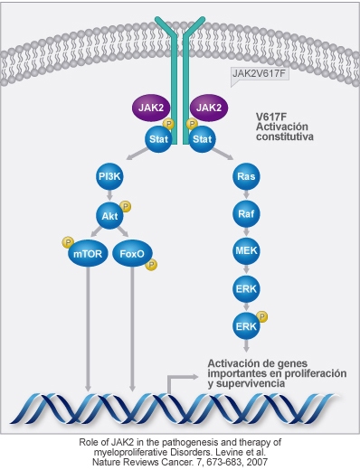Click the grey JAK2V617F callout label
260,73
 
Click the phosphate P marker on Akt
125,205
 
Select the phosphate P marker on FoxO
151,265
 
